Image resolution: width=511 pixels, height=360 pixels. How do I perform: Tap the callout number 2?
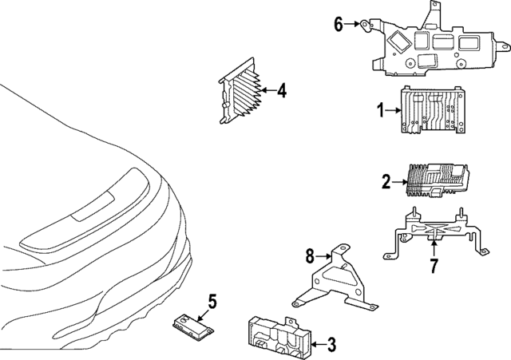click(x=386, y=183)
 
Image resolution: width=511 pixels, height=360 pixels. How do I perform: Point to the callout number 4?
click(x=281, y=92)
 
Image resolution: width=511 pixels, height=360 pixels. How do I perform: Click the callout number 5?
click(x=212, y=301)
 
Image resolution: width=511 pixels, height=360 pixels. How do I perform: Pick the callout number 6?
click(x=339, y=24)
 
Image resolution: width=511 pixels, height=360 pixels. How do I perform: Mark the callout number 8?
click(x=310, y=256)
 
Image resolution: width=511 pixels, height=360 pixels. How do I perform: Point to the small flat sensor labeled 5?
click(x=190, y=322)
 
